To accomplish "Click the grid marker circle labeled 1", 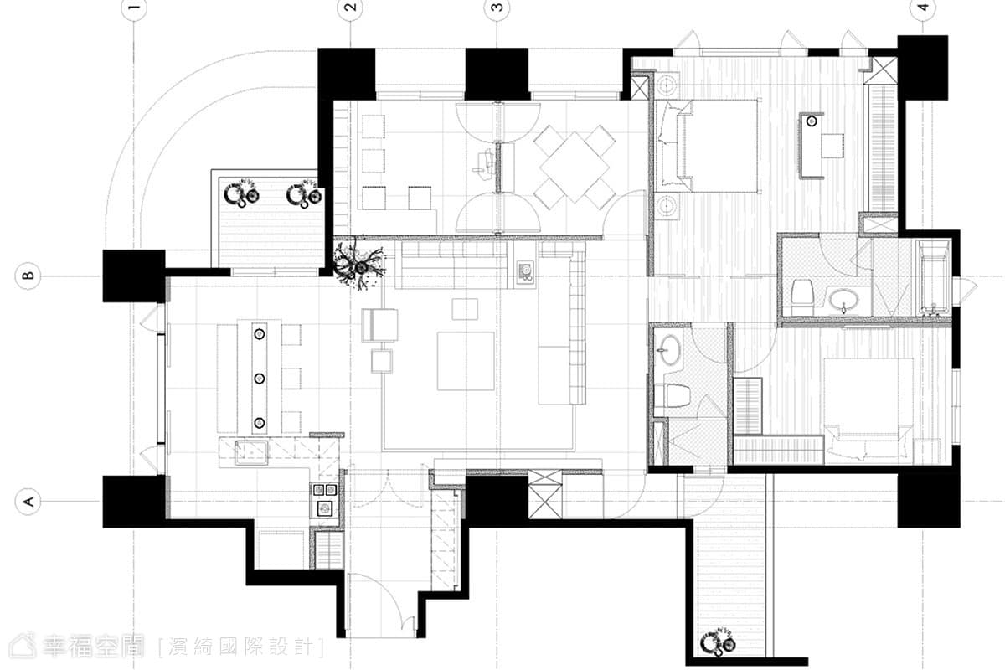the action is [134, 8].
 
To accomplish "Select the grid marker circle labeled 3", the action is [497, 8].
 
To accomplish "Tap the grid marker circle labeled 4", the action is [923, 8].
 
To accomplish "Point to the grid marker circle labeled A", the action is [28, 502].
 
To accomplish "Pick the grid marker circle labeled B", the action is [28, 276].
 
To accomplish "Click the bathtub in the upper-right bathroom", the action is [934, 278].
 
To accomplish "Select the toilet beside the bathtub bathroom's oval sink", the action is [802, 296].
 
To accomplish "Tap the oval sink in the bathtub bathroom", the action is [843, 299].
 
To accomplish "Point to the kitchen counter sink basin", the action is [251, 452].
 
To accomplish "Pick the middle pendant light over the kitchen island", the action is [260, 379].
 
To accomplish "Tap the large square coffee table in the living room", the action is [466, 361].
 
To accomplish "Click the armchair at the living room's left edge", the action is [379, 325].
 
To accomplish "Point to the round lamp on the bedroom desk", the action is [812, 121].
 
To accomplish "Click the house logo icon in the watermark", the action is [23, 647].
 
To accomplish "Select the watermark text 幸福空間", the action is [94, 647].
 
